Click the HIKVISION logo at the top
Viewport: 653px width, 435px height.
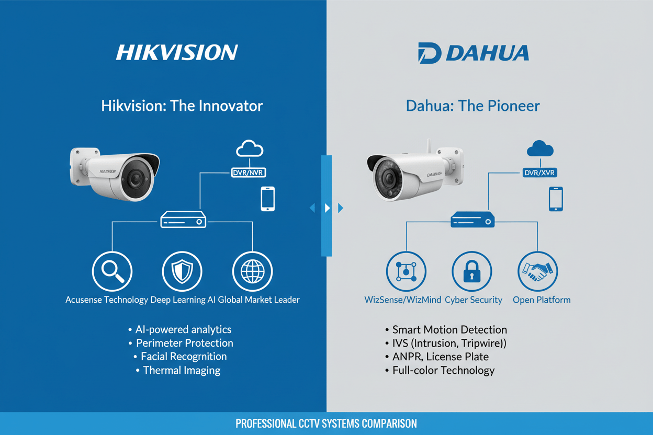coord(177,52)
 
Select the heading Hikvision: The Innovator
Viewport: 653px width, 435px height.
coord(182,106)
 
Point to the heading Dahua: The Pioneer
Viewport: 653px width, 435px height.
coord(472,106)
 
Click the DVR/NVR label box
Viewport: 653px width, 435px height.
coord(249,172)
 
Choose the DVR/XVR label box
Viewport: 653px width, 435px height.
coord(540,172)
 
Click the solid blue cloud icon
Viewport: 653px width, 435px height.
coord(540,149)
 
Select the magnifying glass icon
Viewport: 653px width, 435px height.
coord(112,271)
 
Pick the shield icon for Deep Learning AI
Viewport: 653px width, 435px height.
coord(182,271)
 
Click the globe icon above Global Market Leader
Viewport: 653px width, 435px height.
coord(252,271)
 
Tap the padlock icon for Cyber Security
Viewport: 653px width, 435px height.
coord(472,271)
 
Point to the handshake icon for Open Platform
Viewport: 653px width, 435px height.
coord(538,271)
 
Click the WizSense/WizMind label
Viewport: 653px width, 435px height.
coord(403,300)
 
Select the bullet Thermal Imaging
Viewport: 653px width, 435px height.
coord(182,370)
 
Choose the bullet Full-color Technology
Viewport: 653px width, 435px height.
coord(443,370)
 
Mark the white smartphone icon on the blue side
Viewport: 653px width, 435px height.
coord(268,199)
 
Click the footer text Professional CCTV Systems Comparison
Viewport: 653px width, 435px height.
coord(326,423)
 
